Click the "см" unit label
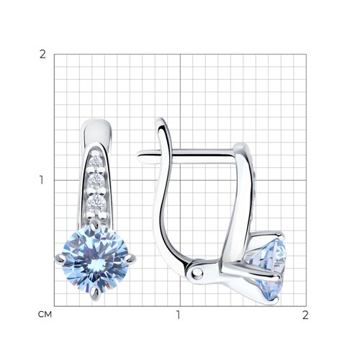(45, 314)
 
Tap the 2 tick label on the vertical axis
(42, 55)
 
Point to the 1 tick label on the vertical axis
(42, 180)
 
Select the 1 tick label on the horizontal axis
(178, 315)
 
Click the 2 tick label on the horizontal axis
(305, 315)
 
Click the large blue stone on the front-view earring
(96, 258)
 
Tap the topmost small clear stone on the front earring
(96, 161)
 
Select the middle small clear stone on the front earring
(96, 181)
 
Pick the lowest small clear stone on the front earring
(96, 202)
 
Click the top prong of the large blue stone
(95, 223)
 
